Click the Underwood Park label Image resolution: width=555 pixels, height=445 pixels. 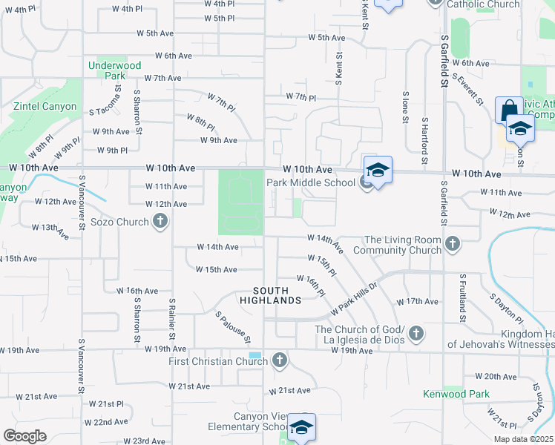114,70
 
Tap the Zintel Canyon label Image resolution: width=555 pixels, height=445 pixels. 45,106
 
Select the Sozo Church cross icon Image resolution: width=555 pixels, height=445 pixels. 160,220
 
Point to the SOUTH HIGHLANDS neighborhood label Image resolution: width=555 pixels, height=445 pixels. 271,295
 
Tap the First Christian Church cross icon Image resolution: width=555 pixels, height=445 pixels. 279,361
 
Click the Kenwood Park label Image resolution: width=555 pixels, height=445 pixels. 456,393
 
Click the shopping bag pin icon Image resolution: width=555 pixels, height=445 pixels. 509,111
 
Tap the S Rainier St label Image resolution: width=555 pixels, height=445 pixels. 171,319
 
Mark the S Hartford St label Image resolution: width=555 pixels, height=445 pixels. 424,140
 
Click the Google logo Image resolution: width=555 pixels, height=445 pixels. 24,435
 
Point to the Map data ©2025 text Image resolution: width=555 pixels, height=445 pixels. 522,439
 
